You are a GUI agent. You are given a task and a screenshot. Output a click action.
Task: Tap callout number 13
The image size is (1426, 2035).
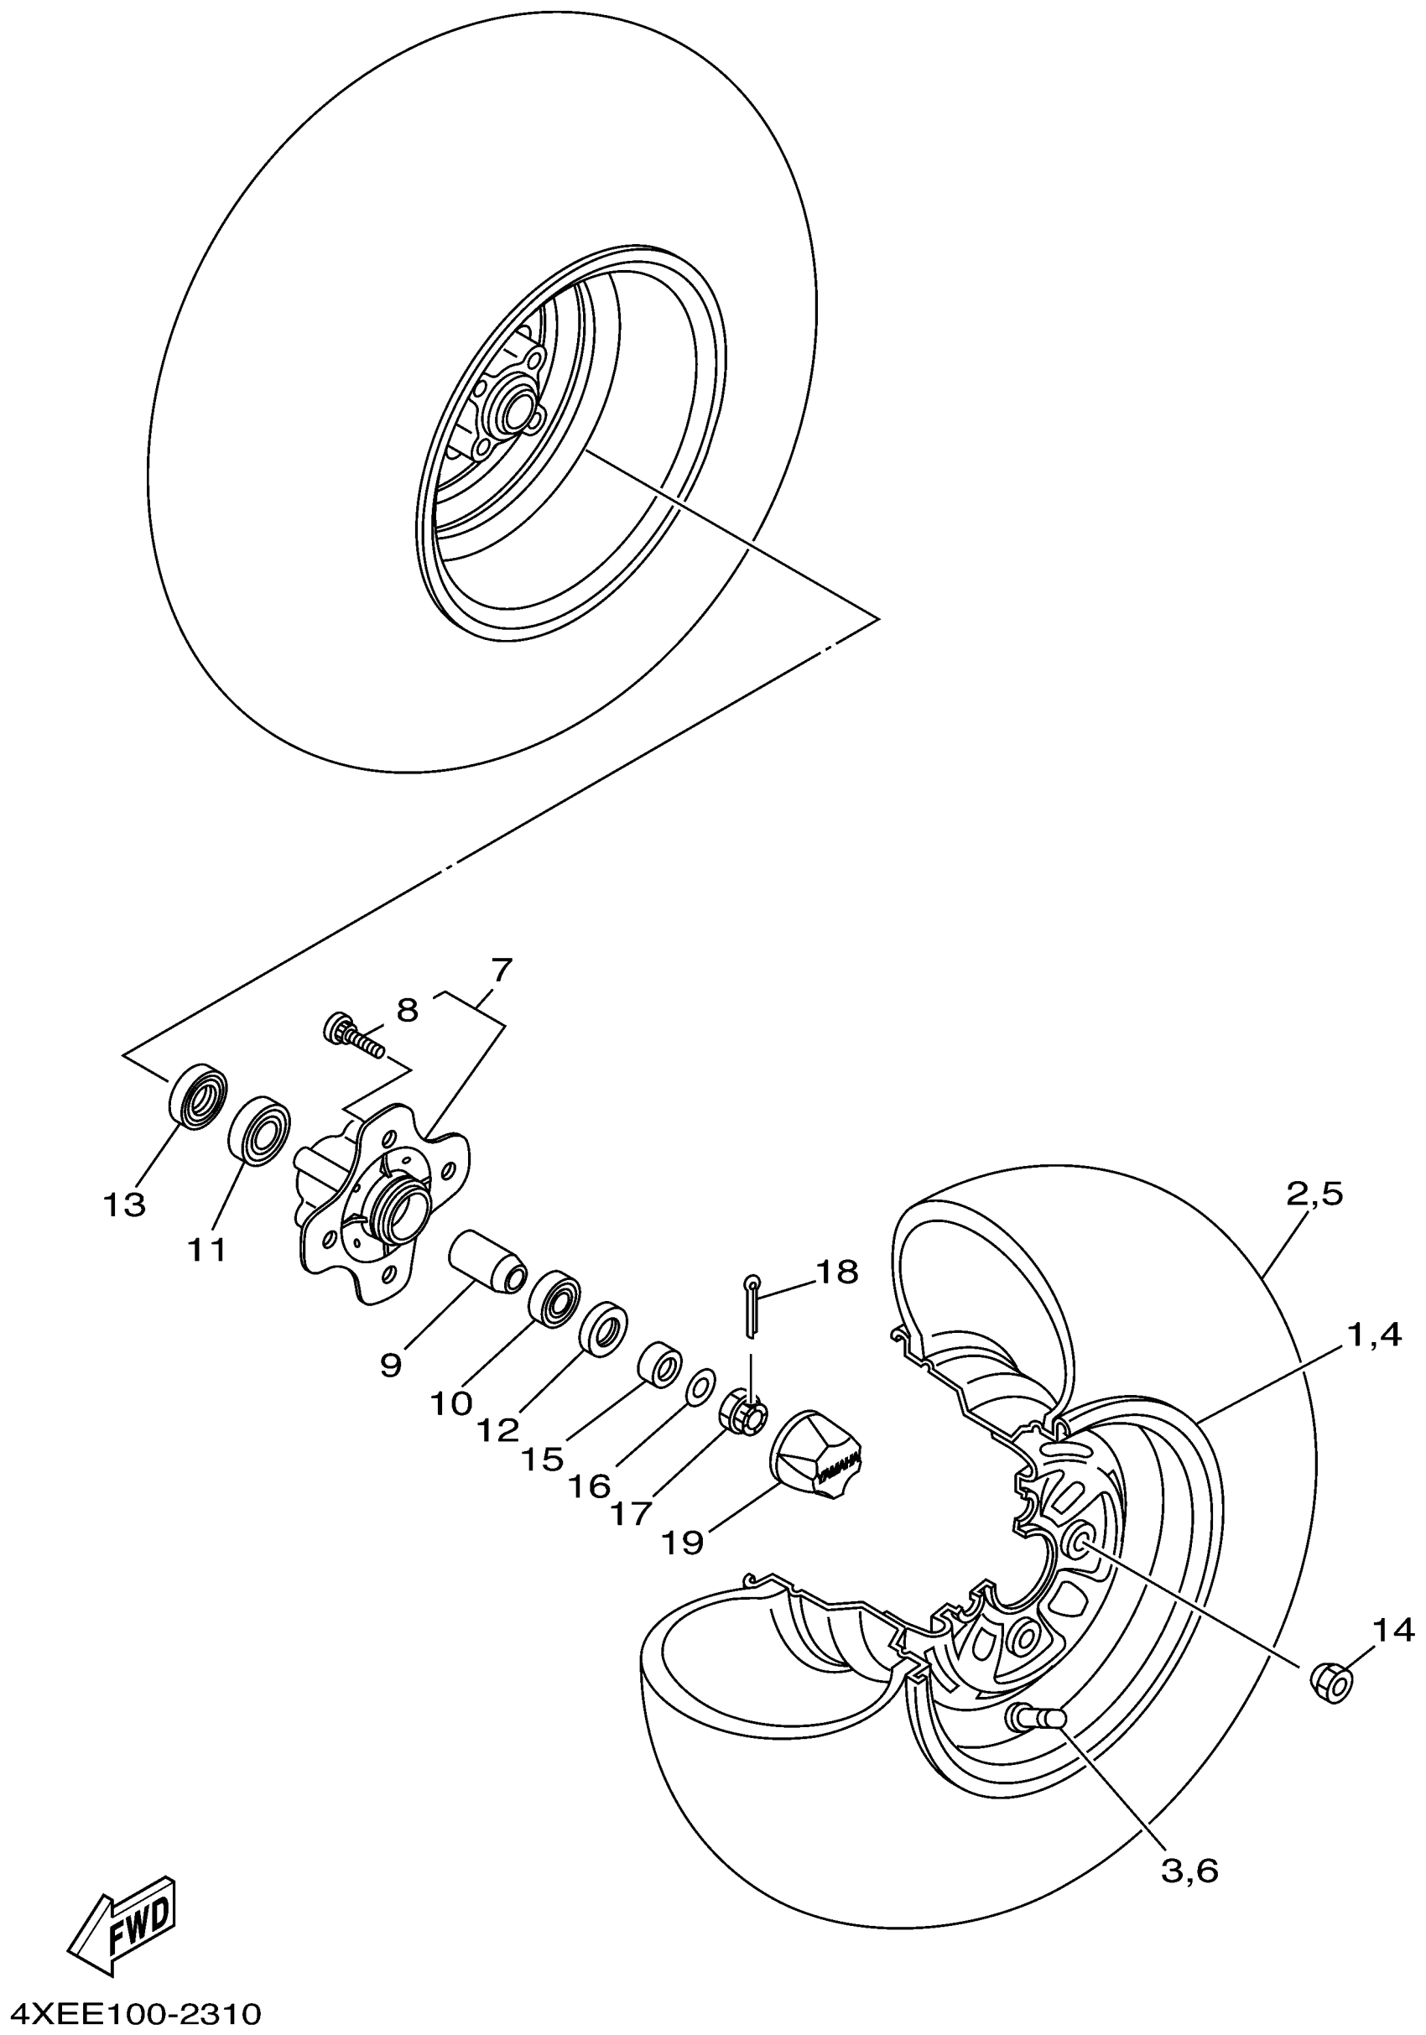[124, 1205]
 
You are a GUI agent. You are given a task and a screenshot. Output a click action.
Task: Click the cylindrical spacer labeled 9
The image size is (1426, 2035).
[488, 1261]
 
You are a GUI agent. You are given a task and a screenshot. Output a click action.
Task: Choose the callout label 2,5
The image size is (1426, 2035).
[1314, 1194]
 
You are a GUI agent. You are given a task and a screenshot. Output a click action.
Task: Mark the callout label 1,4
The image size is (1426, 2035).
[1375, 1335]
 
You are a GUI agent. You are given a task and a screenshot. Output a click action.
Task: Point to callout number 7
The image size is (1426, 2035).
[501, 970]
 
